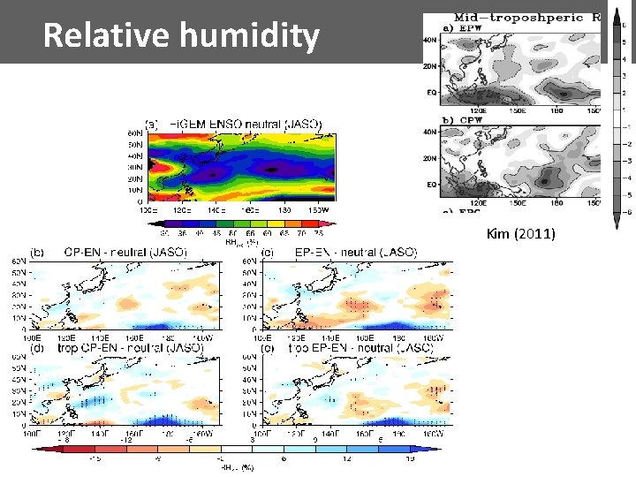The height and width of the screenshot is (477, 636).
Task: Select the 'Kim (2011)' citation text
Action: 520,235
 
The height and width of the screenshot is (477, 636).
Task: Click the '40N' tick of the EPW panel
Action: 431,39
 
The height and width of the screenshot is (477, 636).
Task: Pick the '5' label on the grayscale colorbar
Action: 625,42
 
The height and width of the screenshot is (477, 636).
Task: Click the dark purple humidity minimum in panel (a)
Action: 272,168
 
